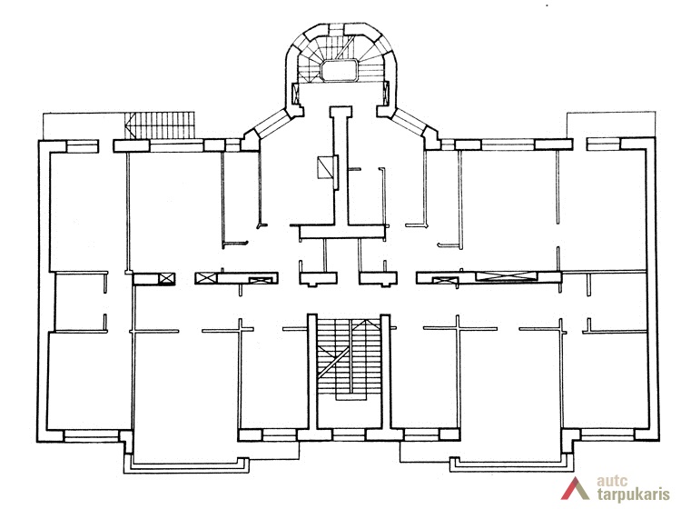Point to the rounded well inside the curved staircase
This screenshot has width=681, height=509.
tap(341, 70)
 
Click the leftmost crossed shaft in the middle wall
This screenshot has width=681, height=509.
tap(167, 278)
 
